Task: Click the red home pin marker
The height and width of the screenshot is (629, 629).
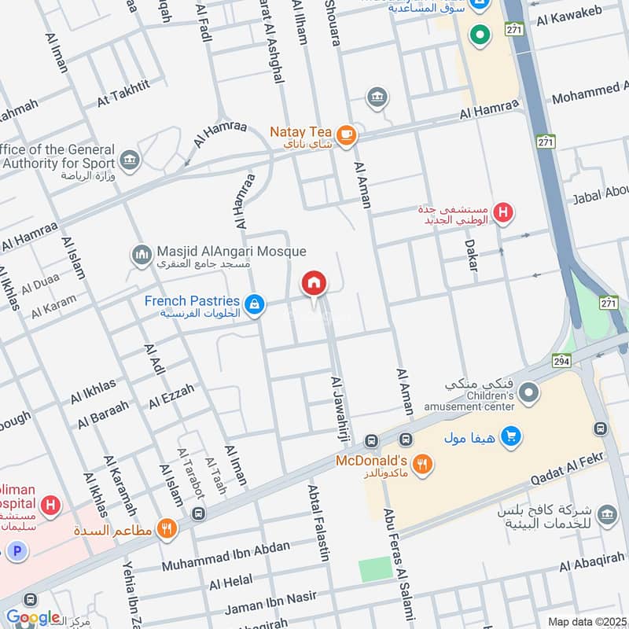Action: [314, 285]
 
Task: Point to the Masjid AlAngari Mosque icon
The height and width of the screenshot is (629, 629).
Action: [142, 255]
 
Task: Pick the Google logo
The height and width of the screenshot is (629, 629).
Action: [32, 617]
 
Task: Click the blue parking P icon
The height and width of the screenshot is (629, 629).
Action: [18, 552]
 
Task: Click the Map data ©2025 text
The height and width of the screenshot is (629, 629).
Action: [587, 621]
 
